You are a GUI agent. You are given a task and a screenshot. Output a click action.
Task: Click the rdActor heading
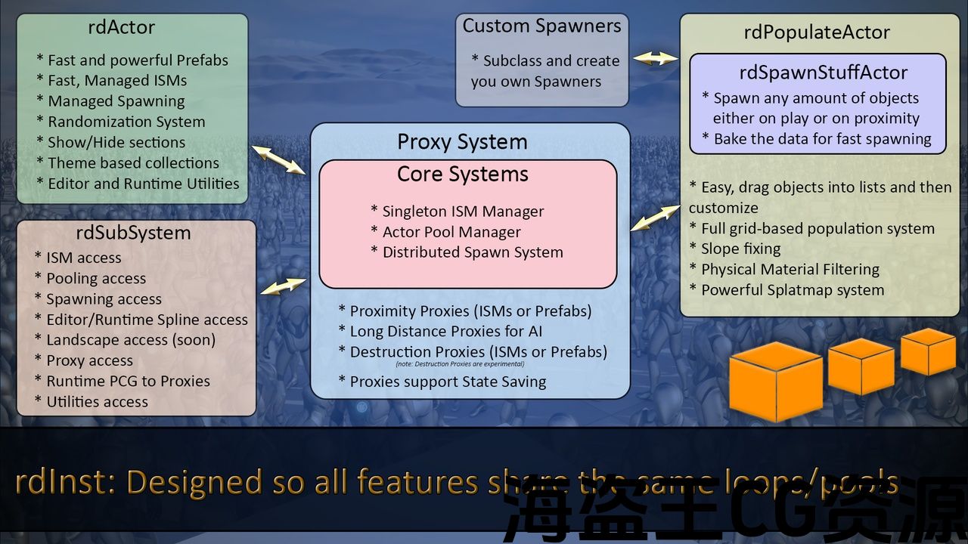coord(122,28)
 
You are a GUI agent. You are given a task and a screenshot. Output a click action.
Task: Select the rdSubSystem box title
coord(133,233)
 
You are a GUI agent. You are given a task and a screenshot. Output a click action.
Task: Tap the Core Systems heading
coord(463,175)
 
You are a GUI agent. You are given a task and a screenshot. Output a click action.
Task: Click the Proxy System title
coord(463,142)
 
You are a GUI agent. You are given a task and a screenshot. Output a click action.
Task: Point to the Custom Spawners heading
coord(541,26)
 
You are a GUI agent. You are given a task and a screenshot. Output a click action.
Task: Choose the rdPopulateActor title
coord(817,32)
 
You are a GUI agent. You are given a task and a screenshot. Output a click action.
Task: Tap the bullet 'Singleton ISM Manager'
coord(463,212)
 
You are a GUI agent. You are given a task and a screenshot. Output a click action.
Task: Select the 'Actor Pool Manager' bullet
coord(451,232)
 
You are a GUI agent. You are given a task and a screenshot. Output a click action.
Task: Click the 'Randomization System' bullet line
coord(126,122)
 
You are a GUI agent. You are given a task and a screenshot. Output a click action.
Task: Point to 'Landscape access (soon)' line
coord(131,340)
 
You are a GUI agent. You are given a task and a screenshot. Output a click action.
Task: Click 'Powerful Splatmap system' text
coord(793,290)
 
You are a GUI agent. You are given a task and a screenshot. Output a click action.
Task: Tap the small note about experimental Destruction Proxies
coord(460,364)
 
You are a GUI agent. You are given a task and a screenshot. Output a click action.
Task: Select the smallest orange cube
coord(928,352)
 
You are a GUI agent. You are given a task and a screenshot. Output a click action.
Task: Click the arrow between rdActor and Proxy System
coord(278,159)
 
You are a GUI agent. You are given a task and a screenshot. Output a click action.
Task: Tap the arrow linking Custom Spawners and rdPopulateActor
coord(655,58)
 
